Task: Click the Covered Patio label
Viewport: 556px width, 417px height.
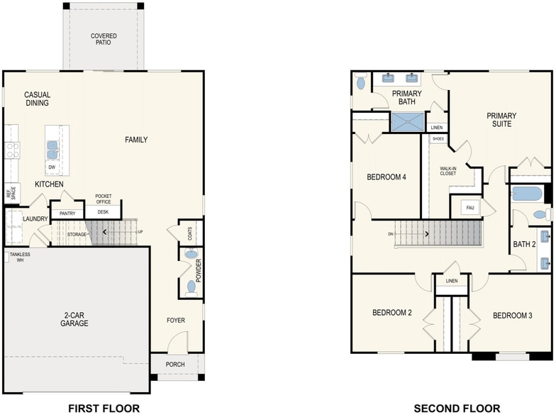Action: coord(104,39)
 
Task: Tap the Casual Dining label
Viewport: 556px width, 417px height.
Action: coord(37,99)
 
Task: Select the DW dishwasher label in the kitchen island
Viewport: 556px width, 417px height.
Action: coord(52,167)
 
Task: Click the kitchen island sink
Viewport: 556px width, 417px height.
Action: coord(52,150)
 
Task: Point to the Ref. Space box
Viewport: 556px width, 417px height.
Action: coord(11,193)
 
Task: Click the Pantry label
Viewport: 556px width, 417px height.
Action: coord(67,213)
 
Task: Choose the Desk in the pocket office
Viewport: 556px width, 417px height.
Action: coord(103,211)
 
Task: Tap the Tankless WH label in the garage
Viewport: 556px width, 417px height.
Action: coord(20,257)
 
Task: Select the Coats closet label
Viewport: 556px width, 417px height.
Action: coord(190,233)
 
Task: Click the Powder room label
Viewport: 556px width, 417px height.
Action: coord(199,271)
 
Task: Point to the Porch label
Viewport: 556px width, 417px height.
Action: coord(175,365)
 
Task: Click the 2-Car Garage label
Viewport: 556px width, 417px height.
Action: coord(74,319)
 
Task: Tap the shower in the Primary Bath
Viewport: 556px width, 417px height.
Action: coord(408,122)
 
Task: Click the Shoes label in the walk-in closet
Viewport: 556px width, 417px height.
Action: coord(438,139)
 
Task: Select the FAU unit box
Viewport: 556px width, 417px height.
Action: coord(470,207)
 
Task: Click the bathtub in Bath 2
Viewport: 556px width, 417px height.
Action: coord(526,194)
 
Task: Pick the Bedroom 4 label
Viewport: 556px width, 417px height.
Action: coord(386,177)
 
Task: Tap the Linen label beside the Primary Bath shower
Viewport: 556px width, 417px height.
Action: coord(437,128)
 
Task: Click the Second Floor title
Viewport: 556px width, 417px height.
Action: coord(457,408)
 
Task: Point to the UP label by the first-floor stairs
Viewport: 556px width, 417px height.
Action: coord(140,232)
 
